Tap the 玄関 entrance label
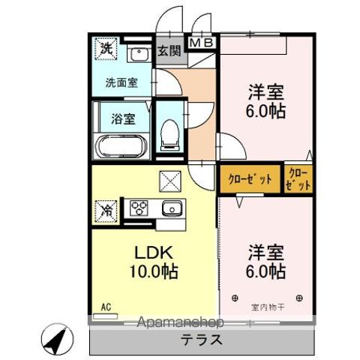(169, 51)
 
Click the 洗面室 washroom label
(121, 83)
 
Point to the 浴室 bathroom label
(123, 118)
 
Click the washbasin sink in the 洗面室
(138, 55)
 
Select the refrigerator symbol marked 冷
(106, 210)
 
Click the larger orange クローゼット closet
(250, 180)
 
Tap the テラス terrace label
(201, 339)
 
